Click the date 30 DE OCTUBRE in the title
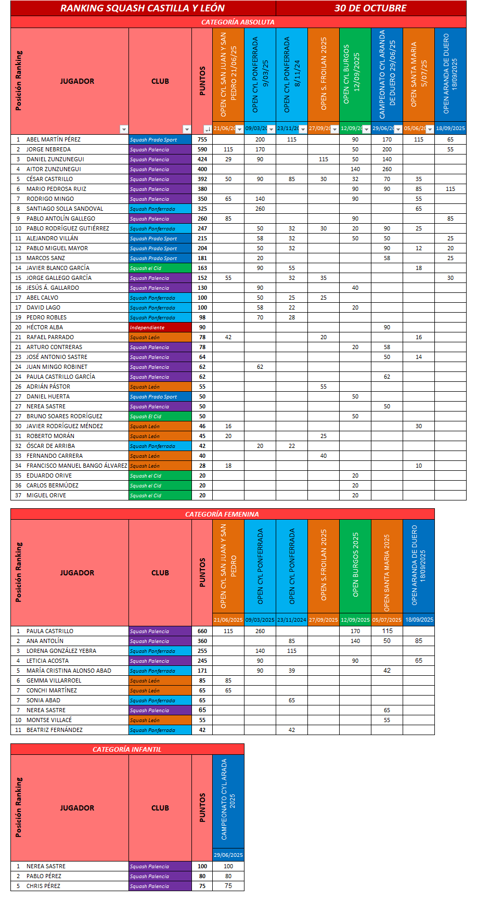pyautogui.click(x=370, y=8)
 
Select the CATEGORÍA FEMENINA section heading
pyautogui.click(x=222, y=514)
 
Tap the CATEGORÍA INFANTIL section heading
pyautogui.click(x=127, y=749)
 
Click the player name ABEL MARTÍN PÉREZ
pyautogui.click(x=54, y=139)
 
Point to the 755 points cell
pyautogui.click(x=202, y=139)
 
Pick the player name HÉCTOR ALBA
pyautogui.click(x=45, y=327)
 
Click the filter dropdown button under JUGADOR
pyautogui.click(x=123, y=129)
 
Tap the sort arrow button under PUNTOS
pyautogui.click(x=208, y=129)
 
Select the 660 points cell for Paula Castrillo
pyautogui.click(x=202, y=631)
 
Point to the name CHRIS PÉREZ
pyautogui.click(x=44, y=886)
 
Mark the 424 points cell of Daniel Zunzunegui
pyautogui.click(x=202, y=159)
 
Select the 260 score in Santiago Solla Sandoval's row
pyautogui.click(x=260, y=209)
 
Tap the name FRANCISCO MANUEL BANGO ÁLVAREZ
pyautogui.click(x=77, y=466)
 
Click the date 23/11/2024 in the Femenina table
pyautogui.click(x=292, y=620)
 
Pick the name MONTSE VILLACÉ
pyautogui.click(x=49, y=720)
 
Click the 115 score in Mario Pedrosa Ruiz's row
pyautogui.click(x=450, y=189)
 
